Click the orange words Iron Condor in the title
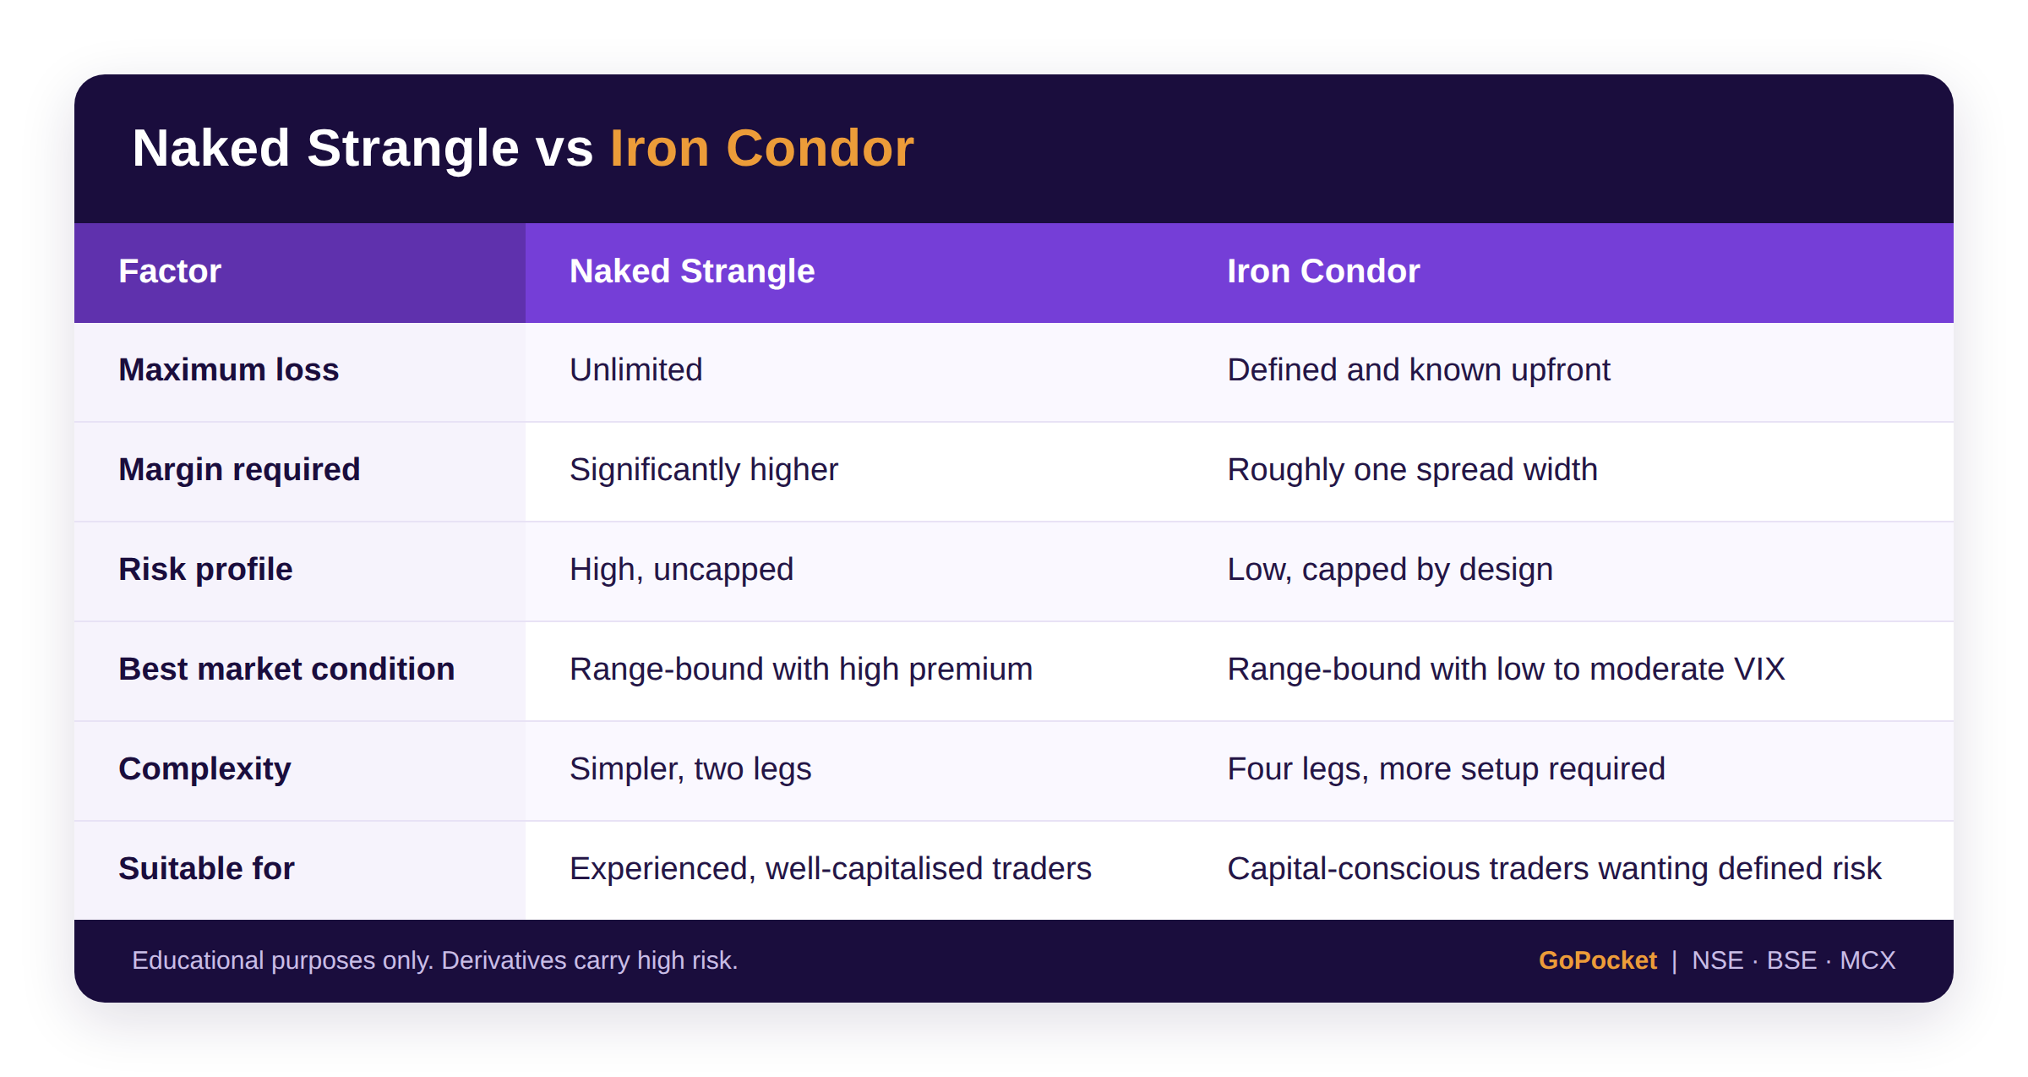761,149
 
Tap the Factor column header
170,271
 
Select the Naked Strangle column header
692,271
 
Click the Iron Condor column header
1323,271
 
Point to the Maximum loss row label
228,370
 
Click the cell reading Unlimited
635,370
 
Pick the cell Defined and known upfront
1419,370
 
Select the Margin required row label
239,470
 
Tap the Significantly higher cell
703,470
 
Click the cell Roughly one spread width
1412,470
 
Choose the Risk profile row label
205,570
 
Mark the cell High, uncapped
681,570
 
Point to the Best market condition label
286,670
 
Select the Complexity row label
204,769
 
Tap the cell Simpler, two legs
690,769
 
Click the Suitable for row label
206,869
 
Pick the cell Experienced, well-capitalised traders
830,869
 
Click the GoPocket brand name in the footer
1597,961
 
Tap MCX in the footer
1867,961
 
